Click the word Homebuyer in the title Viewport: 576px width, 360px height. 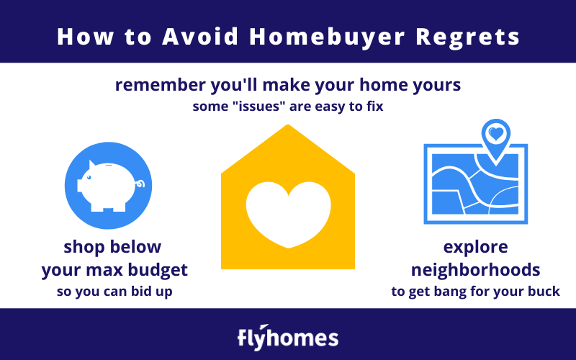pyautogui.click(x=327, y=37)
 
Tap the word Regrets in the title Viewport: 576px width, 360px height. pyautogui.click(x=467, y=37)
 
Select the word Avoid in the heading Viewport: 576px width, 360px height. pyautogui.click(x=200, y=36)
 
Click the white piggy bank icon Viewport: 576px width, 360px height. pyautogui.click(x=109, y=186)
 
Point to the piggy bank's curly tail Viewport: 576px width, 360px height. pyautogui.click(x=140, y=184)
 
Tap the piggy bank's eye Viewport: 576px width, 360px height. pyautogui.click(x=89, y=177)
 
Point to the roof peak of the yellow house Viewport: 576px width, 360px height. pyautogui.click(x=288, y=125)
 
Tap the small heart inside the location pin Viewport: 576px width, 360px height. pyautogui.click(x=496, y=133)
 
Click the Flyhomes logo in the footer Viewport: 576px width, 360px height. pyautogui.click(x=288, y=337)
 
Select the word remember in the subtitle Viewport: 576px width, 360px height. pyautogui.click(x=160, y=85)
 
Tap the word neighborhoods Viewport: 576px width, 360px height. pyautogui.click(x=476, y=269)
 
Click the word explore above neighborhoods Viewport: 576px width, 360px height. pyautogui.click(x=476, y=247)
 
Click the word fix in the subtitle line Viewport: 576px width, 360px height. pyautogui.click(x=375, y=106)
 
